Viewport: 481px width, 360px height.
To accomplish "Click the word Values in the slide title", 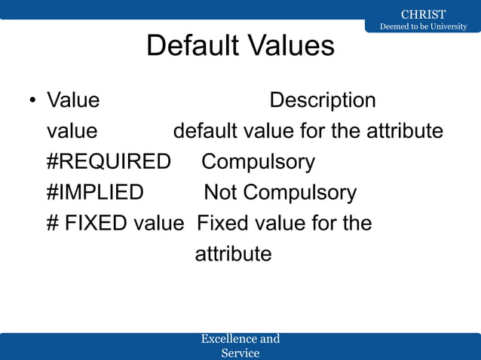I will click(x=291, y=46).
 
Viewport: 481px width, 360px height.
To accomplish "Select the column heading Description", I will click(x=323, y=100).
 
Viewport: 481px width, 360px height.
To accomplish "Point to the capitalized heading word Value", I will click(x=73, y=100).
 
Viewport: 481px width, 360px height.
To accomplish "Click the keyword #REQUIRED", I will click(x=109, y=162).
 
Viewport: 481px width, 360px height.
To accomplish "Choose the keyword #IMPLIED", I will click(x=95, y=193).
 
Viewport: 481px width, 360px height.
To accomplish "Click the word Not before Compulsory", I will click(x=220, y=193).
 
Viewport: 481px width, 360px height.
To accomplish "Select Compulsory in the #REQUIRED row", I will click(x=258, y=162).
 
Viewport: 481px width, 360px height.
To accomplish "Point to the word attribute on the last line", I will click(x=233, y=254).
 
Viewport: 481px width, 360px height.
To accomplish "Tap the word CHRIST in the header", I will click(x=423, y=14).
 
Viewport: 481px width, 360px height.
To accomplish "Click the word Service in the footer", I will click(x=240, y=352).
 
